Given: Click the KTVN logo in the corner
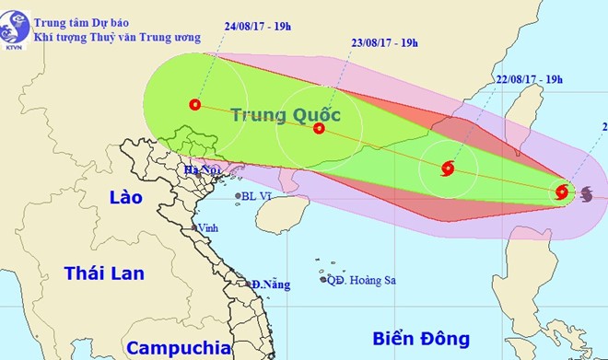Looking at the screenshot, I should coord(13,28).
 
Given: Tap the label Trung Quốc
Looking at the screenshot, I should coord(286,115).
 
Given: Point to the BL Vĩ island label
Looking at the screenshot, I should coord(255,196).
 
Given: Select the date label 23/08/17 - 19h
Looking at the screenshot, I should coord(385,42).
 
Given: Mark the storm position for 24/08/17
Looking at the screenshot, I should coord(194,105).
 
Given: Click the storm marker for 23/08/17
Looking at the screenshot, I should coord(319,128).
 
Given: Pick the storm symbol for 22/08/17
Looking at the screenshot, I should coord(448,168).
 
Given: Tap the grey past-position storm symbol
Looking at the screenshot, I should coord(587,192).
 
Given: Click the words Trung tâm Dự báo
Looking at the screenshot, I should coord(79,15).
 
